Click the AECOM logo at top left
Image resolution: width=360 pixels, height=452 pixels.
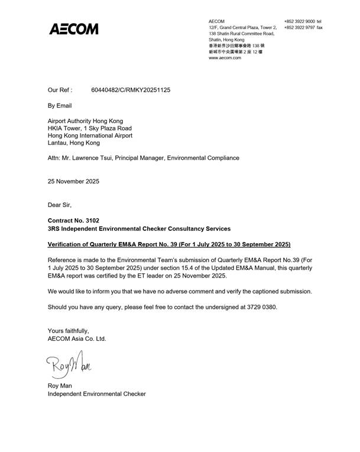click(73, 29)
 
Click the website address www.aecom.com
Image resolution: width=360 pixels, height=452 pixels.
click(225, 58)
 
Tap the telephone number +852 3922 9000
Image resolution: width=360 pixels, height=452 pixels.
click(299, 21)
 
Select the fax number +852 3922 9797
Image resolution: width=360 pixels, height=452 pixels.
click(299, 27)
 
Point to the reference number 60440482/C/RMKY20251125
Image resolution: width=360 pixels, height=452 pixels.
click(131, 91)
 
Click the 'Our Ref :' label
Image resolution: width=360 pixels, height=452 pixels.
click(60, 91)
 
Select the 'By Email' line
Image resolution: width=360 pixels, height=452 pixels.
click(59, 106)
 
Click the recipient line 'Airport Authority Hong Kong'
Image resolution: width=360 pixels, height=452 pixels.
click(86, 121)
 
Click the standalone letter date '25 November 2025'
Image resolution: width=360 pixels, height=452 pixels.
click(73, 181)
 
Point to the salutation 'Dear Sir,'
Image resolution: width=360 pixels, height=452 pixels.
click(59, 205)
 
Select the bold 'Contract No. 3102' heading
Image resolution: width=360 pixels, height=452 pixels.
click(73, 220)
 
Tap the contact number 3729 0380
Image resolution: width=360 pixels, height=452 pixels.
click(260, 307)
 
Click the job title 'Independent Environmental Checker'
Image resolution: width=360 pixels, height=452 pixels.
click(96, 393)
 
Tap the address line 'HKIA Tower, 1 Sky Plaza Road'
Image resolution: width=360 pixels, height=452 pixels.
click(89, 128)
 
